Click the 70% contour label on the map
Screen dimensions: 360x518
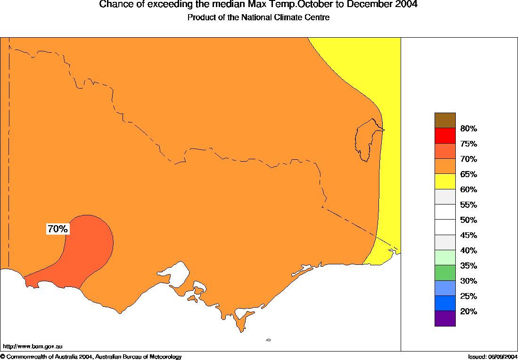[58, 229]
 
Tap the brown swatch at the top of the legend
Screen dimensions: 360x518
[445, 120]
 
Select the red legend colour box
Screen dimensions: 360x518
[445, 136]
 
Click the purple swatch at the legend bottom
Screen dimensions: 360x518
[445, 319]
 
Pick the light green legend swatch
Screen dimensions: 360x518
[445, 258]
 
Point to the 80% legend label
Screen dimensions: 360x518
[469, 129]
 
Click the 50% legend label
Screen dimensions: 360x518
[469, 220]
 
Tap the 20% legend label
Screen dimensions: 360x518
[469, 311]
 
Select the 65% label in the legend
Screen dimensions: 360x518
[469, 174]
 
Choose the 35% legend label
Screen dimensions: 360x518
[469, 266]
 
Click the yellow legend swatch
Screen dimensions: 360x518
[445, 181]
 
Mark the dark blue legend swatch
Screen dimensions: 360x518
[445, 303]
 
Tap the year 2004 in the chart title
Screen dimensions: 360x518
[404, 5]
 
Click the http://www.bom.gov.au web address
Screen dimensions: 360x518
[33, 346]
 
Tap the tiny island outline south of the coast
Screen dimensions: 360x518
[268, 340]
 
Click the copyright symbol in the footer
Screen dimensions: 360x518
[3, 357]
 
